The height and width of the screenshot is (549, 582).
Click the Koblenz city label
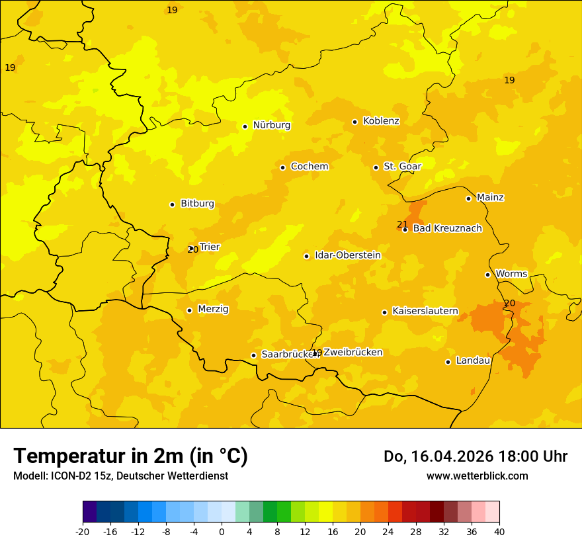(x=381, y=121)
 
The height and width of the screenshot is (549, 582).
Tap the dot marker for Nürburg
(x=245, y=126)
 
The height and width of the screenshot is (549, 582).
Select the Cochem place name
(x=310, y=167)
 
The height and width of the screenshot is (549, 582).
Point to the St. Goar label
(x=402, y=167)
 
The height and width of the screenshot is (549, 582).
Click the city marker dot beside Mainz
(x=468, y=198)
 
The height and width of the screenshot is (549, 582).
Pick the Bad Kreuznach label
(x=447, y=229)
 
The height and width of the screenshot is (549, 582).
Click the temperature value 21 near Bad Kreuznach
(x=402, y=224)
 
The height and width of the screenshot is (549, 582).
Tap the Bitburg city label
(x=197, y=204)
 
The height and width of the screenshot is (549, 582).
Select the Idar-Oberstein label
(x=347, y=255)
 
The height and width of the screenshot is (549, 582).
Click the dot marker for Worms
(x=487, y=274)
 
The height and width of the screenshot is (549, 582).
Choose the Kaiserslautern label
(x=425, y=311)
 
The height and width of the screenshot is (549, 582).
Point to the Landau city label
(x=473, y=361)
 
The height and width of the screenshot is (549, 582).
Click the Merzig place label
(x=213, y=309)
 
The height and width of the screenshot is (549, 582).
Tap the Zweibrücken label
(x=353, y=353)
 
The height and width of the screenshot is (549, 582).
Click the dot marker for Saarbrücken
(x=253, y=355)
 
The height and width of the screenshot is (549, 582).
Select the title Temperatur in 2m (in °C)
(x=130, y=456)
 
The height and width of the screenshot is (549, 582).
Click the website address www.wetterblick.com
(x=477, y=476)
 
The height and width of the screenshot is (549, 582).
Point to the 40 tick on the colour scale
(x=499, y=531)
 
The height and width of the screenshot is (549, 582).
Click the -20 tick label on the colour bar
(x=83, y=531)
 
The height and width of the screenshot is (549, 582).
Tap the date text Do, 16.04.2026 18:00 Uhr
(x=476, y=456)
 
